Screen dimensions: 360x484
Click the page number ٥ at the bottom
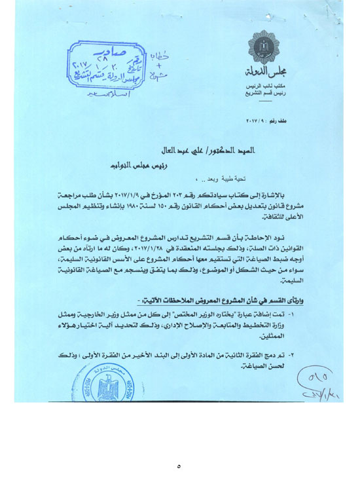178,467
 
